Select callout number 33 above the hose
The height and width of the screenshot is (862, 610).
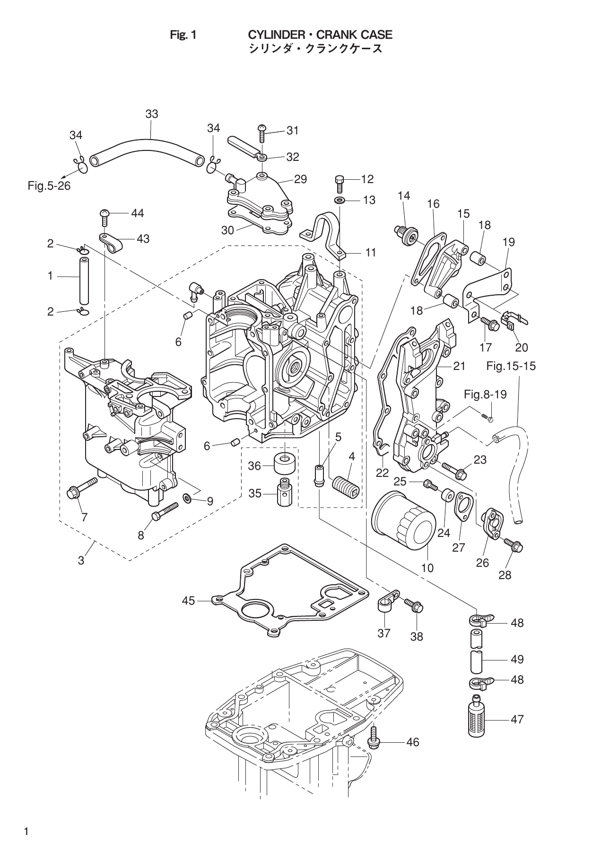[151, 114]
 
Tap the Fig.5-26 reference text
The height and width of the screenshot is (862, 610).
[49, 186]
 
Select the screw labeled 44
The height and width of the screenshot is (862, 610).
[105, 218]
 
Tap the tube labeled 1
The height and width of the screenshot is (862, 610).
[84, 281]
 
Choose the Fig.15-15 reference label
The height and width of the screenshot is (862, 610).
[511, 366]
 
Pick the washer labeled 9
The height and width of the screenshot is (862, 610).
[188, 498]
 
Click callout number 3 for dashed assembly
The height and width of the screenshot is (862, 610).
[81, 561]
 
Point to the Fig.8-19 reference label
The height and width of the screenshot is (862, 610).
[485, 394]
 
